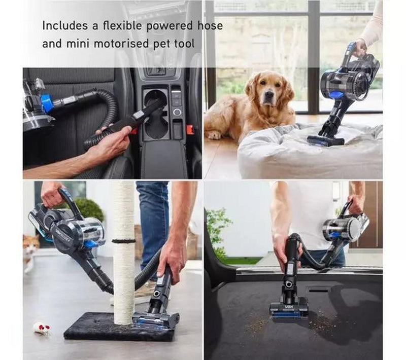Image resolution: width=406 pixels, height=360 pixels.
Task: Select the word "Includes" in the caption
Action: pos(65,25)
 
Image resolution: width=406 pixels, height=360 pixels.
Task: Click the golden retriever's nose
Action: pos(269,95)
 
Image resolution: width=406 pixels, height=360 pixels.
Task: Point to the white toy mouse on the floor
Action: pos(42,328)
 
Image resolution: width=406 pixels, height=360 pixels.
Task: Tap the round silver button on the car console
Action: pos(177,112)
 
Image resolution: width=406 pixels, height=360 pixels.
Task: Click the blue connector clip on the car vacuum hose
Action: pos(46,104)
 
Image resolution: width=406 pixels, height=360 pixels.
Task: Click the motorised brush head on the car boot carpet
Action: pos(289,311)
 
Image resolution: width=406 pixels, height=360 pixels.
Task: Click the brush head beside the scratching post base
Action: pos(155,320)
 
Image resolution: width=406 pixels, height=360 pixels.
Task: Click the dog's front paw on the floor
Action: pos(214,135)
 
